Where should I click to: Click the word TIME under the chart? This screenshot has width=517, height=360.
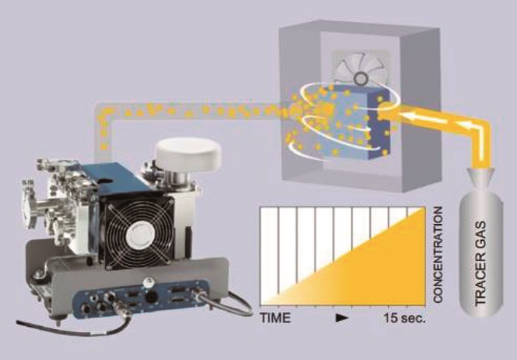pyautogui.click(x=275, y=318)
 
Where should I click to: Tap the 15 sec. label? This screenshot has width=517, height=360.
pyautogui.click(x=405, y=319)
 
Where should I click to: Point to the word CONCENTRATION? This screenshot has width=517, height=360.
pyautogui.click(x=437, y=255)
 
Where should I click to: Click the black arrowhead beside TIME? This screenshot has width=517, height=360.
pyautogui.click(x=342, y=318)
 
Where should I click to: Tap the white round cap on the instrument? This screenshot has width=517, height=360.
pyautogui.click(x=188, y=154)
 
